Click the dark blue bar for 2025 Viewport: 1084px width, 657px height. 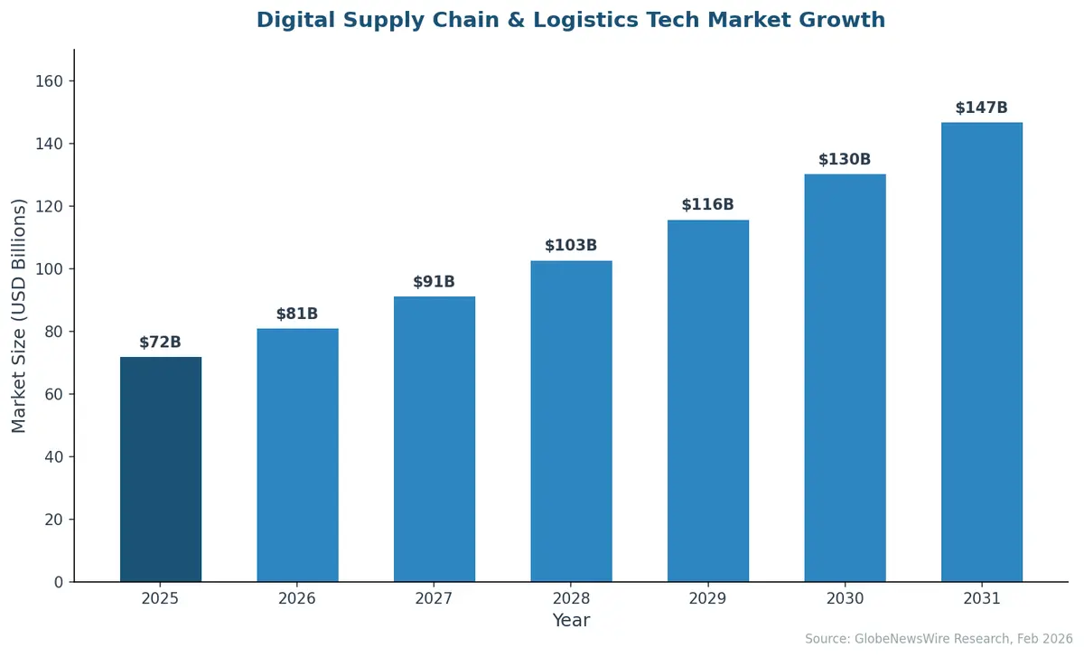[161, 469]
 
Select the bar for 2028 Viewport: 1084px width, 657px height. [571, 421]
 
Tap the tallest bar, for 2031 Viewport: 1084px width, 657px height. [981, 352]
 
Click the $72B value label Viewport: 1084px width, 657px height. [160, 343]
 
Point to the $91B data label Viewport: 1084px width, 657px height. [434, 282]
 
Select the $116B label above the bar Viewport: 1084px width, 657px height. [707, 205]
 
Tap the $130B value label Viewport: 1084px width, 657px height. [845, 160]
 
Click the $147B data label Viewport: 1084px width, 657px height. [981, 108]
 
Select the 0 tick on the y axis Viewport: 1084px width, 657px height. [59, 582]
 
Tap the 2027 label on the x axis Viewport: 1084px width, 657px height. [434, 598]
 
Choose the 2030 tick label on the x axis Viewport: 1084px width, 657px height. [845, 598]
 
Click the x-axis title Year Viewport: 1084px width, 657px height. [571, 621]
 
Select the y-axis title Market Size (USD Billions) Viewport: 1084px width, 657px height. [19, 315]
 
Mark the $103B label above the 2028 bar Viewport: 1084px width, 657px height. [571, 246]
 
